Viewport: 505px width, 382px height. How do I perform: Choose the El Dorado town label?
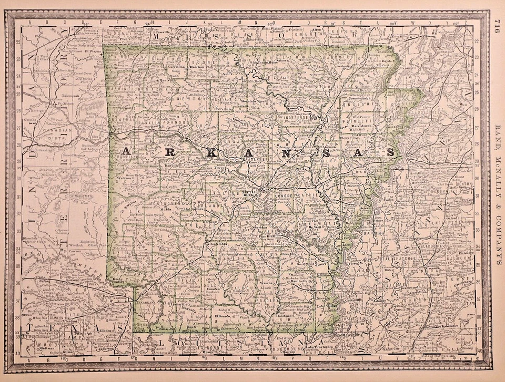click(x=221, y=316)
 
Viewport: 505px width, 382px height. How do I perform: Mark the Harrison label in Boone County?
click(x=198, y=68)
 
